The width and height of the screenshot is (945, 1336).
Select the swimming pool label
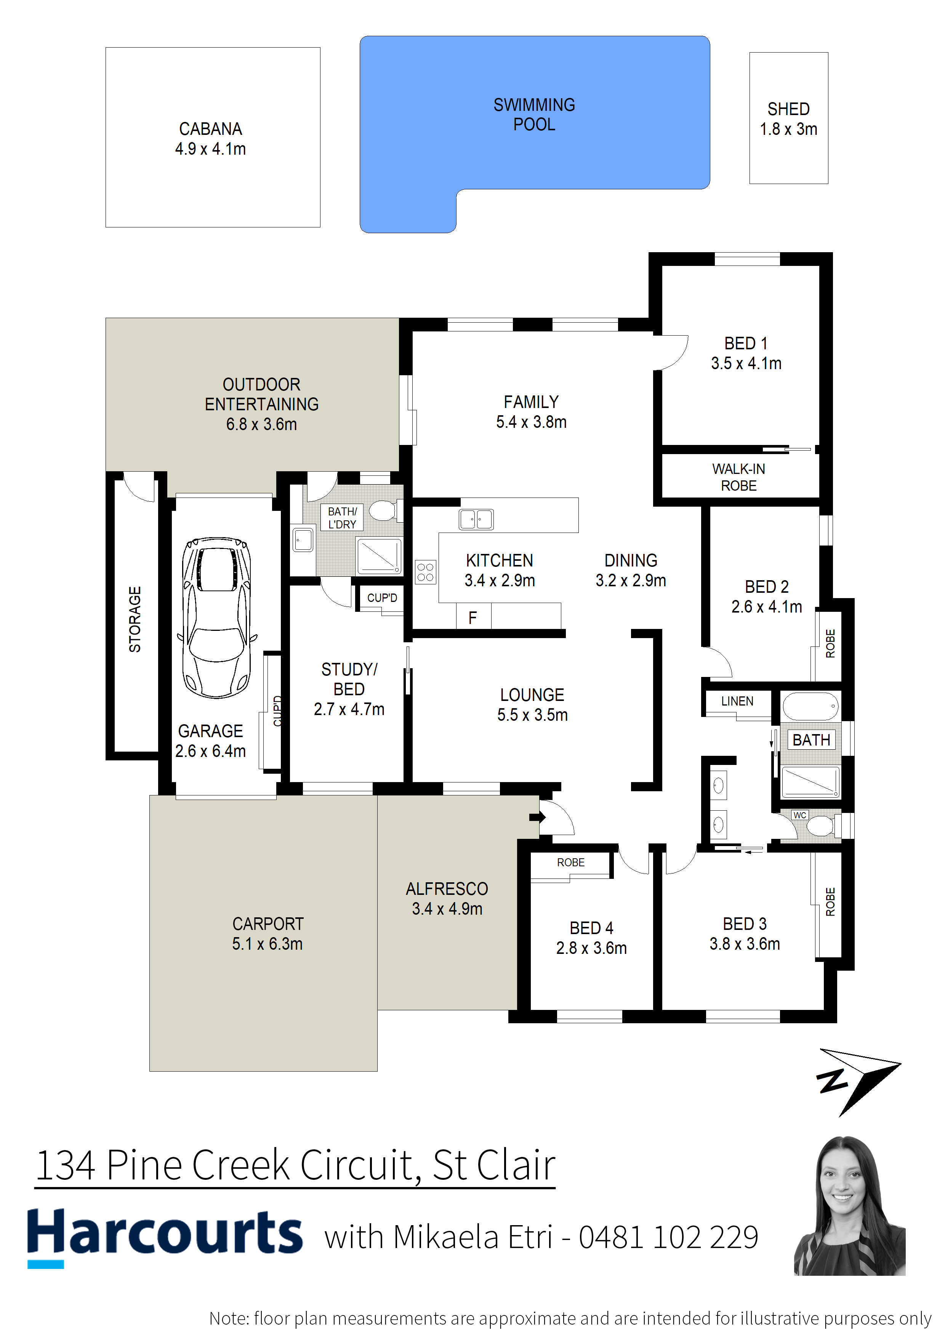pos(534,115)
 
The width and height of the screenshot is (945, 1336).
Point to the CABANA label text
pos(211,129)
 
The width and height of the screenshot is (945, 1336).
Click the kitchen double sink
pos(476,519)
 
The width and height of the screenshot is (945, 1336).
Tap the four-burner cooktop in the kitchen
pos(425,572)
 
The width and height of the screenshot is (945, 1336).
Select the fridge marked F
pos(474,616)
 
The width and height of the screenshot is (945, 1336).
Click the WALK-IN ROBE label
pos(739,477)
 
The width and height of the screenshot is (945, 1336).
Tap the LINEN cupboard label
pos(737,701)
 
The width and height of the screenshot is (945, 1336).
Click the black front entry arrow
pos(537,817)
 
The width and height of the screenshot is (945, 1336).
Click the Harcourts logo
pos(165,1236)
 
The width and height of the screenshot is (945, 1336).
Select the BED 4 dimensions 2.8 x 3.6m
pos(592,948)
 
